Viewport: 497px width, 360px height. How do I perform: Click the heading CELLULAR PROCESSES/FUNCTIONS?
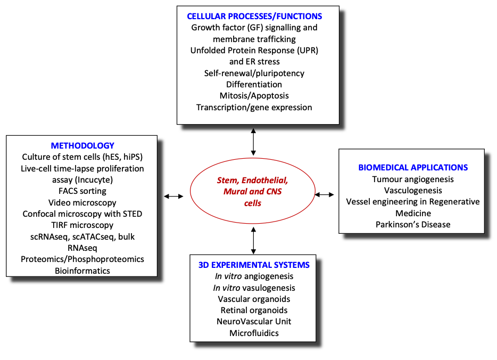[x=254, y=16]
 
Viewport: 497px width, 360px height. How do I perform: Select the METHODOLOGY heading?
[x=82, y=145]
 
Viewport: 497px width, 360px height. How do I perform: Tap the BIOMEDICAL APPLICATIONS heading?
[x=413, y=167]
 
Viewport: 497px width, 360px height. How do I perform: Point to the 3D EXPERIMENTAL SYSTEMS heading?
[x=254, y=265]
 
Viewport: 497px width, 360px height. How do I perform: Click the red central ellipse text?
[x=252, y=192]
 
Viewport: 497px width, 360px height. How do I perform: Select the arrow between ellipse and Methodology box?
[x=173, y=197]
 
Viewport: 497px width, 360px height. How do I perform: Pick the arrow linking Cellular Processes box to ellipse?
[x=253, y=141]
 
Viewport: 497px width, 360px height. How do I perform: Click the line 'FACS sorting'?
[x=82, y=191]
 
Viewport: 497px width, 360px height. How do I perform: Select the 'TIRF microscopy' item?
[x=82, y=225]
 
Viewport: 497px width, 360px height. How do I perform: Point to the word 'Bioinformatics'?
[x=82, y=271]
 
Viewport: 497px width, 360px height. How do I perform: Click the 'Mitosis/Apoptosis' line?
[x=254, y=96]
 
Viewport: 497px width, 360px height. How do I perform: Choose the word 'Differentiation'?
[x=254, y=84]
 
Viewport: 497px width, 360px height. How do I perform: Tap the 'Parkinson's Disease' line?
[x=413, y=224]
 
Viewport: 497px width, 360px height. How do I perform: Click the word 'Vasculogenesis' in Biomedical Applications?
[x=413, y=190]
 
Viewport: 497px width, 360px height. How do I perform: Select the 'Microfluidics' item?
[x=254, y=333]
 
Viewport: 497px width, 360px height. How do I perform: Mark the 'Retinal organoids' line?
[x=254, y=310]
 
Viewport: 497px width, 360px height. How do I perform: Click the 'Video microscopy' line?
[x=82, y=202]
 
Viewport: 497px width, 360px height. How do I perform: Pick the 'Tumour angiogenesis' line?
[x=413, y=179]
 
